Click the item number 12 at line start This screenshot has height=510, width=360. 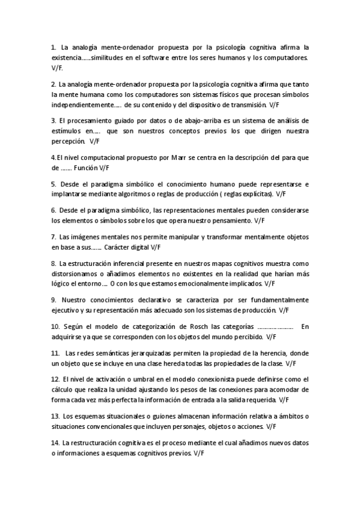point(55,379)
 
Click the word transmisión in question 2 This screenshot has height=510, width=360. point(242,105)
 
